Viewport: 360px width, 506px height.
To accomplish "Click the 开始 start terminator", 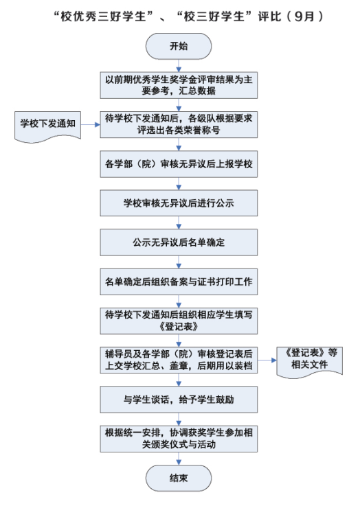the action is pos(179,46).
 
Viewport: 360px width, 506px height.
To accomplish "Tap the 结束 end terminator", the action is pos(179,478).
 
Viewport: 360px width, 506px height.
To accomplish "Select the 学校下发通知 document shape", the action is pos(48,126).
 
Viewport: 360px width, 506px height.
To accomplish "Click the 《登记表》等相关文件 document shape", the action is pos(309,362).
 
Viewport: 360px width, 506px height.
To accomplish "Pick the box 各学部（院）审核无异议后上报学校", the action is pos(179,164).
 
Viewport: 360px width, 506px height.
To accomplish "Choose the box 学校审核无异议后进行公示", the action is pos(179,203).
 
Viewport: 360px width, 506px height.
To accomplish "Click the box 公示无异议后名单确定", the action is pos(179,242).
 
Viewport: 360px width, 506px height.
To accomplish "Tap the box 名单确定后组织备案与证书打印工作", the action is pos(179,281).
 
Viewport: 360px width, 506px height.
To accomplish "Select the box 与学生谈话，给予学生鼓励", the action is pos(179,400).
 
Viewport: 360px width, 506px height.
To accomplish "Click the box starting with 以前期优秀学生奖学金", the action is pos(179,85).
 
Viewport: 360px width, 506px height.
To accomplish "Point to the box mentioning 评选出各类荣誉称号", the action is pos(179,124).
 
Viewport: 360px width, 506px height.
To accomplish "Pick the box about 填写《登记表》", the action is pos(179,321).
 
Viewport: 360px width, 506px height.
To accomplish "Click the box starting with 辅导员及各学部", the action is pos(179,360).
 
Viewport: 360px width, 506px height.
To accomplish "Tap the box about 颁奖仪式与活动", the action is pos(179,439).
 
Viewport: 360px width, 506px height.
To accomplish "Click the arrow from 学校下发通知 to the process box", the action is pos(91,124).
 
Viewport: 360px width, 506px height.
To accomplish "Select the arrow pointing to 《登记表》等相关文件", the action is pos(267,360).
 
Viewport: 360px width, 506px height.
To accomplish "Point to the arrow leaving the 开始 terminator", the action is pos(179,65).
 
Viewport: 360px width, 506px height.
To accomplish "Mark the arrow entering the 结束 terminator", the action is pos(179,459).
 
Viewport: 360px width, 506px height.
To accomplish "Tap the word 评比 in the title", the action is pos(269,16).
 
